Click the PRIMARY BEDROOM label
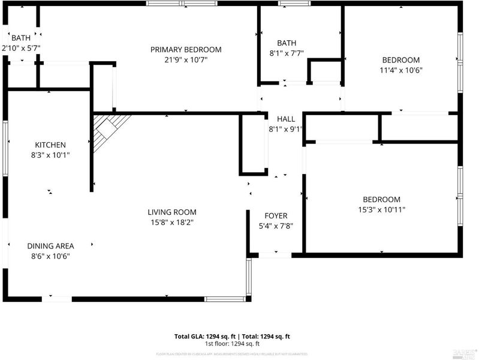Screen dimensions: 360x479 click(186, 49)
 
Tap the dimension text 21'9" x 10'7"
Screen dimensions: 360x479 click(186, 59)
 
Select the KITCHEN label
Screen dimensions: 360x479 click(50, 145)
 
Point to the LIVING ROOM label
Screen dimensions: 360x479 click(172, 212)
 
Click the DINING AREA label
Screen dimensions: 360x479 click(50, 246)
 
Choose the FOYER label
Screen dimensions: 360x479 click(276, 216)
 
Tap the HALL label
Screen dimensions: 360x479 click(286, 119)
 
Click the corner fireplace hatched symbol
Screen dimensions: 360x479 click(110, 128)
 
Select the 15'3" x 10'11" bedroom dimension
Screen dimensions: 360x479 click(381, 210)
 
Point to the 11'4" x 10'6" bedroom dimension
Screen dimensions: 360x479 click(400, 70)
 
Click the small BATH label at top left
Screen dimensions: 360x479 click(20, 37)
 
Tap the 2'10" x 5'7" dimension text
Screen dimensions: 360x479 click(21, 47)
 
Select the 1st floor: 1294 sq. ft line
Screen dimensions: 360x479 click(232, 344)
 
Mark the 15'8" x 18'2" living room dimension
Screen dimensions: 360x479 click(172, 222)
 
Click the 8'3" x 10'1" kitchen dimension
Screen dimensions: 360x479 click(50, 155)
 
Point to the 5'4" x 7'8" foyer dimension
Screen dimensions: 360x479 click(276, 226)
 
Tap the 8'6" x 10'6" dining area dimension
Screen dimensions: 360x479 click(50, 256)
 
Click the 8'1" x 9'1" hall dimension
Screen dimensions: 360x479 click(286, 128)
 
